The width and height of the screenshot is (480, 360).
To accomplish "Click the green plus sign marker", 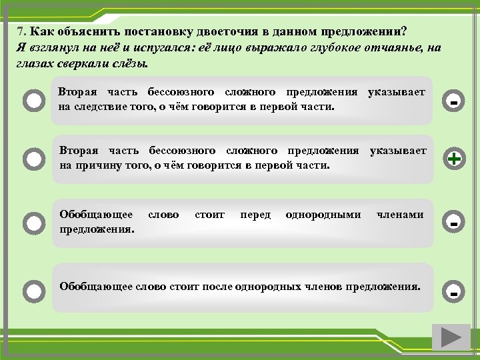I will (x=454, y=159).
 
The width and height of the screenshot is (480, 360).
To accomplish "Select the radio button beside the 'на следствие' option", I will (x=33, y=101).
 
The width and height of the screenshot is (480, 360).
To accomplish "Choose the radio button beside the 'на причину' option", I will (x=33, y=159).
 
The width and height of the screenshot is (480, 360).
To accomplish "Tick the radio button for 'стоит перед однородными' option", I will (x=33, y=222).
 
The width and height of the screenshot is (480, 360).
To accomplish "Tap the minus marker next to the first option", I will (x=454, y=101).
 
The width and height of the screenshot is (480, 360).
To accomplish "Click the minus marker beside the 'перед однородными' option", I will (x=454, y=223).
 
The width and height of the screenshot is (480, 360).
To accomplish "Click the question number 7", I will (x=21, y=32).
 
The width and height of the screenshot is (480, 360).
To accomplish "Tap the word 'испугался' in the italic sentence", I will (x=157, y=48).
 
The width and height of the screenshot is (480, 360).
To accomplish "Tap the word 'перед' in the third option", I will (x=255, y=215).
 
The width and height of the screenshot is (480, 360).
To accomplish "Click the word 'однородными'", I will (x=323, y=215).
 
